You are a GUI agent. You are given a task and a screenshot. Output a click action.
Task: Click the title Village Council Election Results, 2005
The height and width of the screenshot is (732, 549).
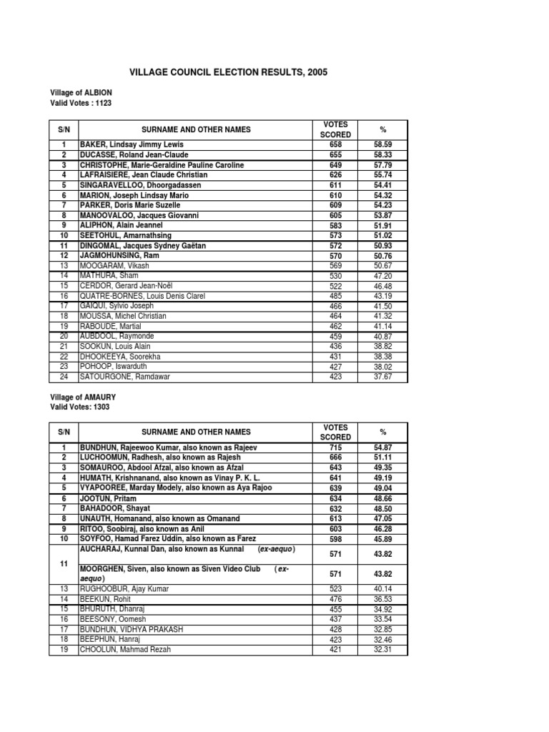(228, 73)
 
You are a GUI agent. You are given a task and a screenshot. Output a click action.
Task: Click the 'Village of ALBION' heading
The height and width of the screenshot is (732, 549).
(81, 93)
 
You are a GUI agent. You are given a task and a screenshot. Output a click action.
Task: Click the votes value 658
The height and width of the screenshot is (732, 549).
(335, 144)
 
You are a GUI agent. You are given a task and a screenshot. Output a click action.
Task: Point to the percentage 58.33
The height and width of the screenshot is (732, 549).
(384, 154)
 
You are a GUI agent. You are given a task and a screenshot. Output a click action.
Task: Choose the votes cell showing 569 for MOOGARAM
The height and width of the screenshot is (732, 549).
(335, 265)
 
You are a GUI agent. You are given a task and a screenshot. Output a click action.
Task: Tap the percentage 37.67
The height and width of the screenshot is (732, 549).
(384, 377)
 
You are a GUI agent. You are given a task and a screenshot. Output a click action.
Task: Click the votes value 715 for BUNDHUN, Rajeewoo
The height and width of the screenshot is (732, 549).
(335, 447)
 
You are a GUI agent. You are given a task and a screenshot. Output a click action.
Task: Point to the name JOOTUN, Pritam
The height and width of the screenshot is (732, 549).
(108, 498)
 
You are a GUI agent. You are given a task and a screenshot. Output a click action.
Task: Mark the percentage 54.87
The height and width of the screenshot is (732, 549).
(384, 447)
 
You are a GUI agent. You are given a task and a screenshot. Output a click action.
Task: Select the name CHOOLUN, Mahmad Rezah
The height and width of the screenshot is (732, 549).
(126, 650)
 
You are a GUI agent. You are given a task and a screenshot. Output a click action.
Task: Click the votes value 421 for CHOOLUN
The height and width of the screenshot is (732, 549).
(335, 650)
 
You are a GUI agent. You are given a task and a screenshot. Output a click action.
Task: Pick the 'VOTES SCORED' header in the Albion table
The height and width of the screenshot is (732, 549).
(335, 129)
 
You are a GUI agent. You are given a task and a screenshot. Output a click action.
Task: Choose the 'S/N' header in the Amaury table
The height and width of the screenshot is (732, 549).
(64, 432)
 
